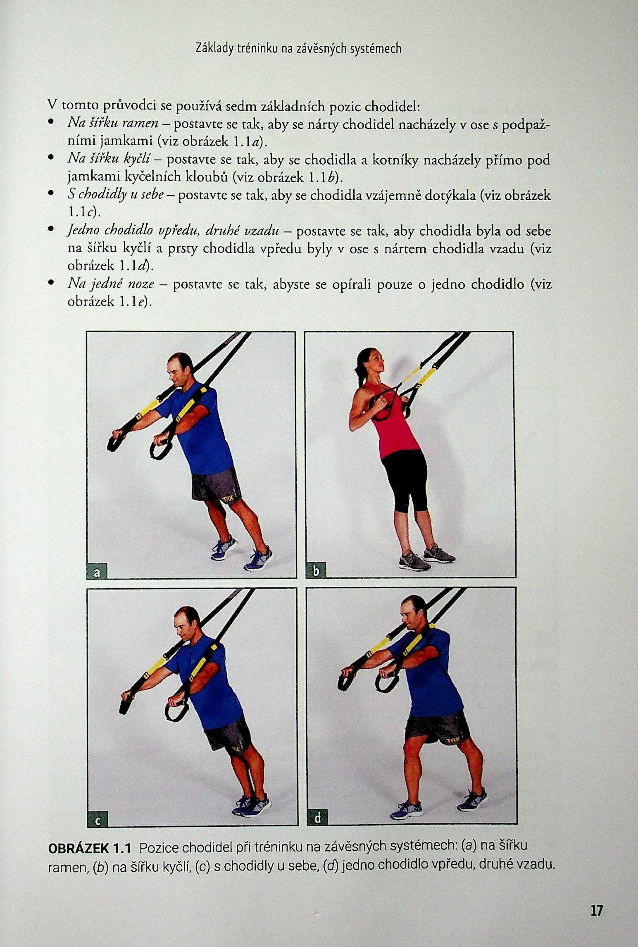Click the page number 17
[596, 910]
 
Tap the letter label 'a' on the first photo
[97, 572]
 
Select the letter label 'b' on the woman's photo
[316, 572]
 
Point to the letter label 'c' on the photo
[98, 821]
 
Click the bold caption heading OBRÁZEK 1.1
[90, 849]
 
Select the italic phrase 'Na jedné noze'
[111, 284]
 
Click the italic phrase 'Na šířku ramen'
[113, 123]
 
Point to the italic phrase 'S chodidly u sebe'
[116, 195]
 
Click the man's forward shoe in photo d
[406, 811]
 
